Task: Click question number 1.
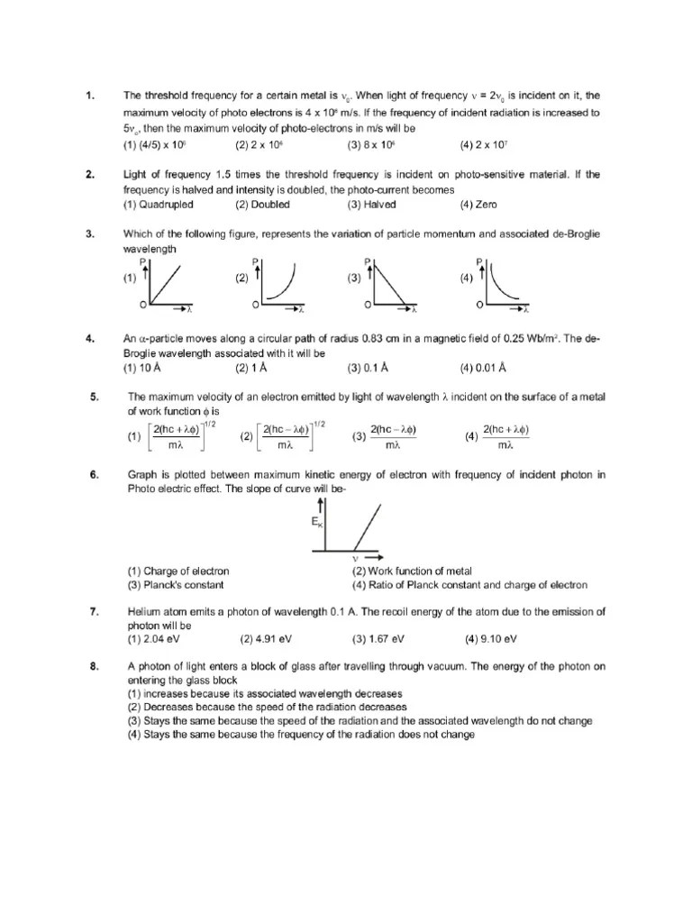90,96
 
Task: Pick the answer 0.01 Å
483,368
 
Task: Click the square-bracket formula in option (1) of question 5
178,436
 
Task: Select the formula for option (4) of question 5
505,436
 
